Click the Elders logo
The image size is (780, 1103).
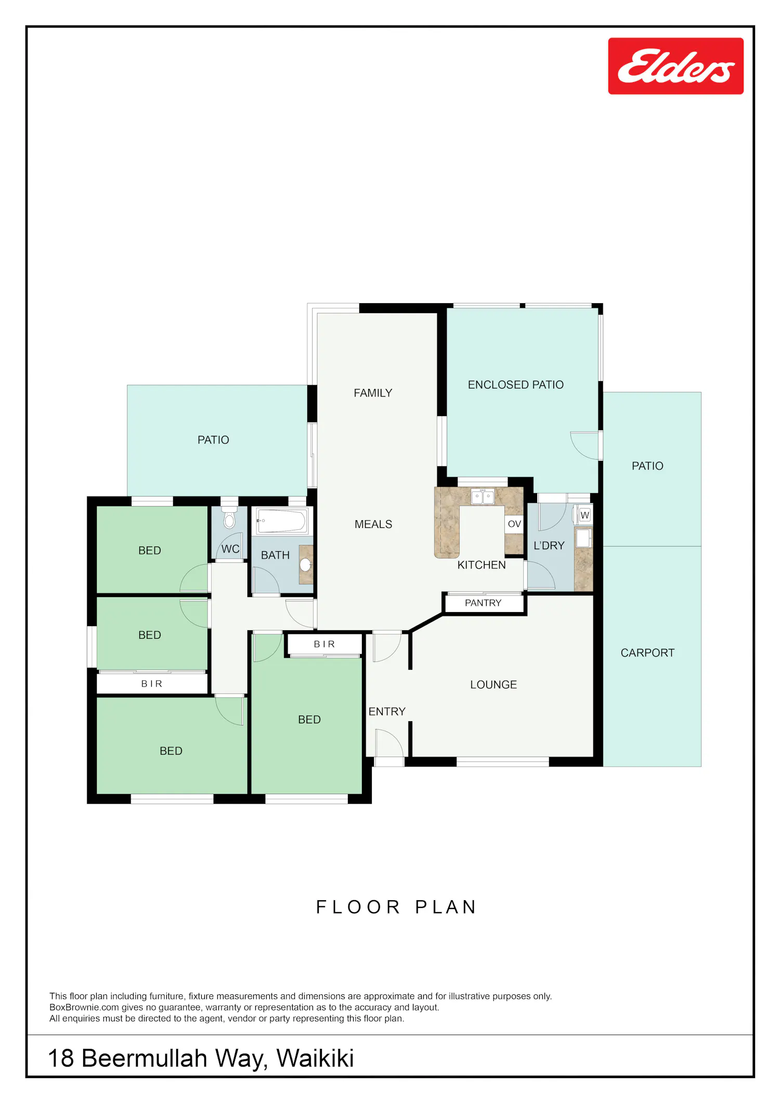675,66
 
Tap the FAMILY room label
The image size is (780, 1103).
373,393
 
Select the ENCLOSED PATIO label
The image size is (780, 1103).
515,385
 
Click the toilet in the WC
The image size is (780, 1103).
229,516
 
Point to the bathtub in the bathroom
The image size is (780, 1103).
282,521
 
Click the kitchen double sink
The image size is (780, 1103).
483,497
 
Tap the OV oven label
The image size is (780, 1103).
514,524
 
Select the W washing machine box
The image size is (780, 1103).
585,515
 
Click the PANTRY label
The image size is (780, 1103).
483,603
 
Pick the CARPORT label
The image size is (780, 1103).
647,653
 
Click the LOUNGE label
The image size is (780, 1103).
493,685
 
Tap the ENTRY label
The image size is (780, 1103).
387,711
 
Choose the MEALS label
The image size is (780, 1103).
373,524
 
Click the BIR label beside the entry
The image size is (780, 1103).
324,644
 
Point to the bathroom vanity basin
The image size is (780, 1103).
305,564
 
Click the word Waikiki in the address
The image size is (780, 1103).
315,1058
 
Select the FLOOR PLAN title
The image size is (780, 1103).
396,907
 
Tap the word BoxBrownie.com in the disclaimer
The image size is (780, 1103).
84,1007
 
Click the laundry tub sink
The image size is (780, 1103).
583,538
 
